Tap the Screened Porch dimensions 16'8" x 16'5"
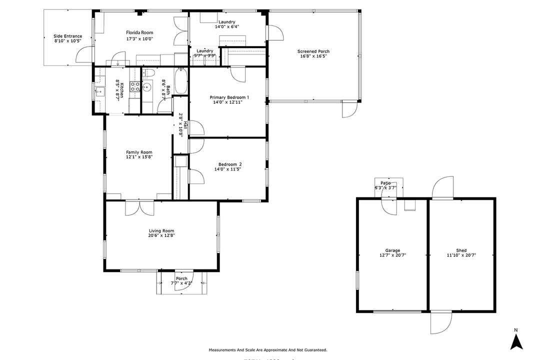313,57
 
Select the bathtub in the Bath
180,81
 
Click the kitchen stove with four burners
135,88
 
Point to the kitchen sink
100,91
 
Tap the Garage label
392,250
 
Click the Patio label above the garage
385,183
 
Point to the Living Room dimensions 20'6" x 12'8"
161,235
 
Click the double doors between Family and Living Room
140,207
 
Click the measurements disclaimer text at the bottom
267,350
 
